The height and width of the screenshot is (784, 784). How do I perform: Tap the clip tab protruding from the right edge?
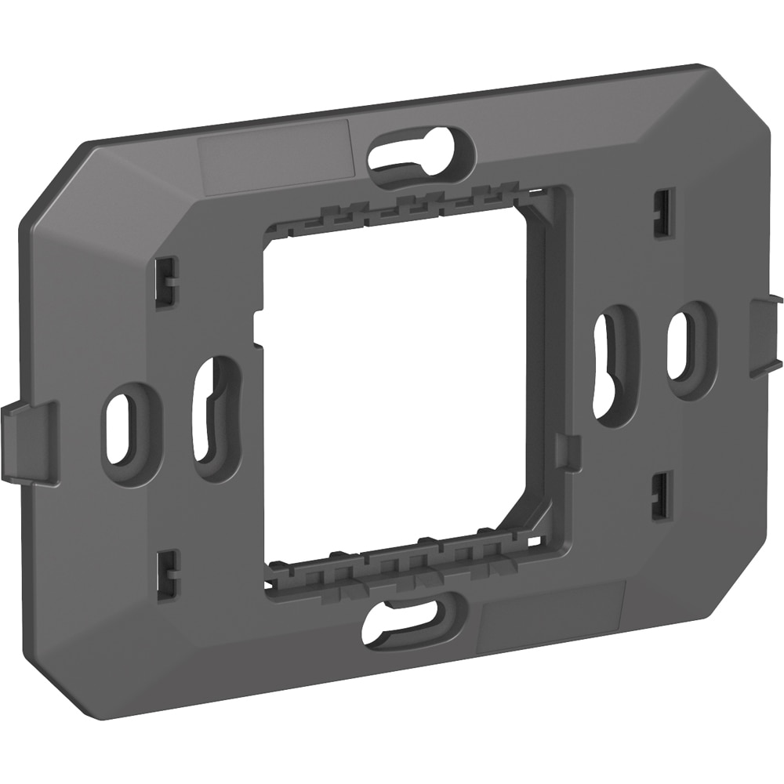(766, 335)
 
